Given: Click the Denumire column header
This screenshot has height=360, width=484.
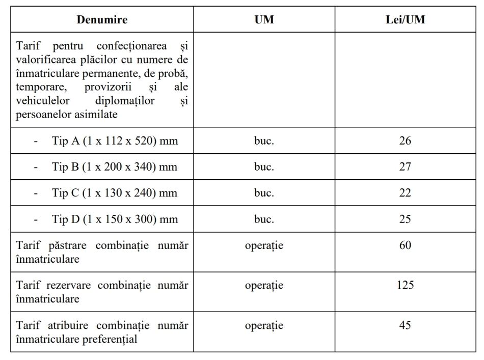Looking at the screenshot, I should tap(102, 20).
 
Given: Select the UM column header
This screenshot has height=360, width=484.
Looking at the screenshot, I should tap(264, 20).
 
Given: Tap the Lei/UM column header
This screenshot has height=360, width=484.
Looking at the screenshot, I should tap(405, 20).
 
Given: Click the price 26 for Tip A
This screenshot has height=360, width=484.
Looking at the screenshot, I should tap(405, 141).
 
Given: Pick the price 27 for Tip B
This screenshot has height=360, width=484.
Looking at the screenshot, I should tap(405, 167).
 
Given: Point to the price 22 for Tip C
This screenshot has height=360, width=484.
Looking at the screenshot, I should tap(405, 193).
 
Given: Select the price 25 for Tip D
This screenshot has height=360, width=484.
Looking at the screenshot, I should tap(405, 219).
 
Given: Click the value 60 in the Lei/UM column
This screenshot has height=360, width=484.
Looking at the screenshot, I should tap(405, 245).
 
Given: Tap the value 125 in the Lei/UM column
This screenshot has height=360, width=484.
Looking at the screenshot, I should tap(405, 285).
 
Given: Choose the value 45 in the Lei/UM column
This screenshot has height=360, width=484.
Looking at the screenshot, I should tap(405, 325).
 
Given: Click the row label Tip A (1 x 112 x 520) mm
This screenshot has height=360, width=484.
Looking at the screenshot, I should tap(115, 141).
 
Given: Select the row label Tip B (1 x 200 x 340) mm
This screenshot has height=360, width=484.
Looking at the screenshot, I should tap(115, 167).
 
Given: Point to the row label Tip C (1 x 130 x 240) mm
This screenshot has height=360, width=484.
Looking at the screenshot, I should tap(115, 193).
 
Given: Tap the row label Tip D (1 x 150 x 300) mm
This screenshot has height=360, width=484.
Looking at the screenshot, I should tap(115, 219).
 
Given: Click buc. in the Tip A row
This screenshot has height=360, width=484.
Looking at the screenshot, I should tap(264, 141).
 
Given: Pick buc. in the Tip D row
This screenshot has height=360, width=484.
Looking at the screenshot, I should tap(264, 219).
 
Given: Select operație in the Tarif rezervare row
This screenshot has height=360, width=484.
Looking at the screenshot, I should tap(264, 285).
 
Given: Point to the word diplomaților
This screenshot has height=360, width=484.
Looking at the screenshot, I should tap(124, 101).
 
